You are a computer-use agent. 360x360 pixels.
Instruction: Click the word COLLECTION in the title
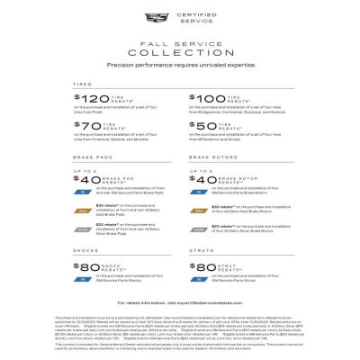click(x=180, y=52)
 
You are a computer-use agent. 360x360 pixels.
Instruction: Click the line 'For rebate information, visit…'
click(x=180, y=303)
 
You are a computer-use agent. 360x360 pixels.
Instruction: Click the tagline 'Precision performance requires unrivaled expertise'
click(x=180, y=65)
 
